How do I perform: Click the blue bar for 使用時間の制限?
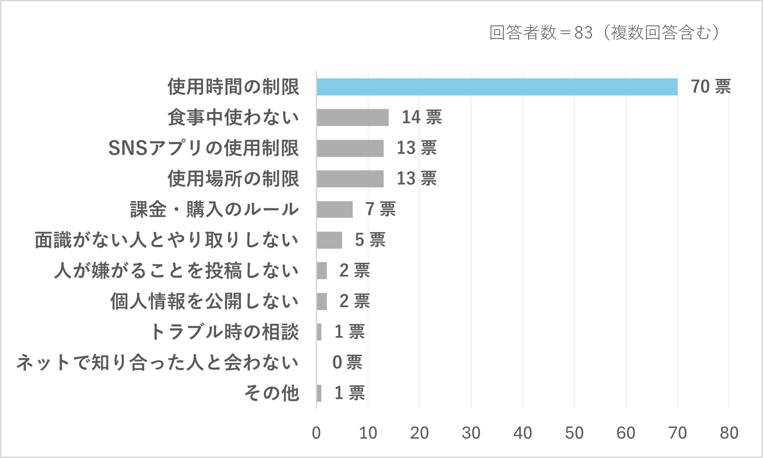(x=497, y=87)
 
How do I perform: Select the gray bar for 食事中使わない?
(x=353, y=118)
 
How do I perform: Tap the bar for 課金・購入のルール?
(x=335, y=209)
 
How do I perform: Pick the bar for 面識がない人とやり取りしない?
(x=329, y=240)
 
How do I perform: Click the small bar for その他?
(x=319, y=393)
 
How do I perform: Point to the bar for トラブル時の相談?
(x=319, y=332)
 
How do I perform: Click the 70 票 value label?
(x=710, y=87)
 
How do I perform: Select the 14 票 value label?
(x=421, y=118)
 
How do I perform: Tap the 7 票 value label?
(x=380, y=209)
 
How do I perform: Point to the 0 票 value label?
(x=347, y=363)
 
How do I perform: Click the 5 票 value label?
(x=370, y=240)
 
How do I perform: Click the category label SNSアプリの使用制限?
(x=204, y=149)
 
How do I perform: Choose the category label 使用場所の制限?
(x=233, y=179)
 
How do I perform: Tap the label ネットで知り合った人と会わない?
(x=157, y=363)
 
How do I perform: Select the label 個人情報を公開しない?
(x=204, y=302)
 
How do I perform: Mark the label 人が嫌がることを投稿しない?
(x=176, y=271)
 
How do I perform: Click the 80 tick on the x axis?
(x=729, y=433)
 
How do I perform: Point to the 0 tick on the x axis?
(x=316, y=433)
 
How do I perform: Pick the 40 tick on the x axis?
(x=523, y=433)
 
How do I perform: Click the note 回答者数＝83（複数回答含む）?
(x=604, y=33)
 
